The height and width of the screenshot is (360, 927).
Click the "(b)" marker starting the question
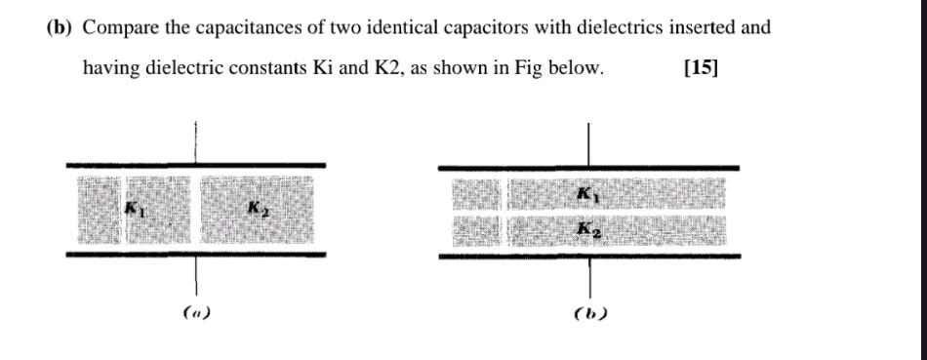click(60, 27)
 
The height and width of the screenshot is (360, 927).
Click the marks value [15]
click(701, 68)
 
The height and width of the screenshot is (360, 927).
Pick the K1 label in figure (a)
click(134, 208)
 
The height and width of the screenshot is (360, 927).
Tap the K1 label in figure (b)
click(586, 193)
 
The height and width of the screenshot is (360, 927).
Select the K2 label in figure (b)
click(586, 230)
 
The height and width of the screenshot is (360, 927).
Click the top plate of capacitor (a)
click(195, 166)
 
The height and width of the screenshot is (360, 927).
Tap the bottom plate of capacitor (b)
click(588, 257)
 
